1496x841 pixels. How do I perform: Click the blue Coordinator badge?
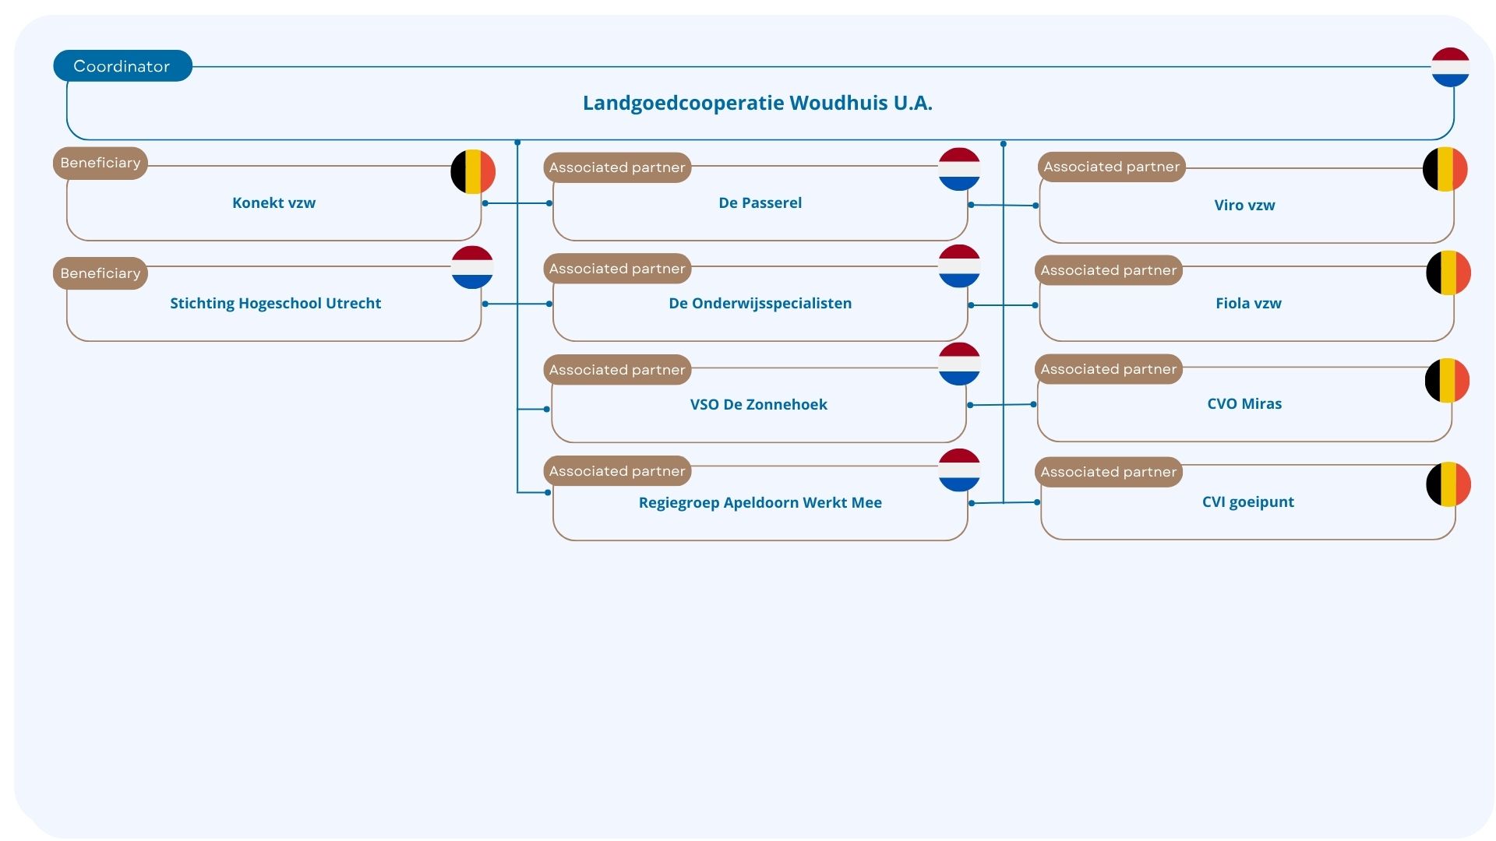point(122,66)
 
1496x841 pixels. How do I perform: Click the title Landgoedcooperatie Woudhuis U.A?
point(757,103)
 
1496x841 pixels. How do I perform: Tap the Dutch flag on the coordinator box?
point(1450,67)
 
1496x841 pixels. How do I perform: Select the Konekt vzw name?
point(273,203)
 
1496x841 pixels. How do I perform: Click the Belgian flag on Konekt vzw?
point(473,171)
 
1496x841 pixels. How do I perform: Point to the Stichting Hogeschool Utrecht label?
point(276,304)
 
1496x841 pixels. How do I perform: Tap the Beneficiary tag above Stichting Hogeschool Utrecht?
point(101,273)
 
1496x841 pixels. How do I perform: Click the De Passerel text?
point(760,203)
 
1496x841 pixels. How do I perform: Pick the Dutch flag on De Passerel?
point(959,169)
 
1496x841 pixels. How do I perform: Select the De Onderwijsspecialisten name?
point(760,304)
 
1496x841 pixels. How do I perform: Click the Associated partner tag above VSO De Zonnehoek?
point(617,370)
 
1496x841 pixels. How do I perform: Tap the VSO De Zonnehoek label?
point(758,404)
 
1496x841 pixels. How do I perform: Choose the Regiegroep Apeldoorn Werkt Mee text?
point(760,503)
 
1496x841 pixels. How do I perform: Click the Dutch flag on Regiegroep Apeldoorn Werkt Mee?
point(959,470)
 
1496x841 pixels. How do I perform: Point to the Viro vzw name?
point(1244,206)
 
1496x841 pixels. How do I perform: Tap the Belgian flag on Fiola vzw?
point(1448,273)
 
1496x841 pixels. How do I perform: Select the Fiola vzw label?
point(1248,304)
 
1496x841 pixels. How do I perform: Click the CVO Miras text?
point(1244,404)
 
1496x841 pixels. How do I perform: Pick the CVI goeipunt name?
point(1247,502)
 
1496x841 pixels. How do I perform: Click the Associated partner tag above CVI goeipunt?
point(1109,472)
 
